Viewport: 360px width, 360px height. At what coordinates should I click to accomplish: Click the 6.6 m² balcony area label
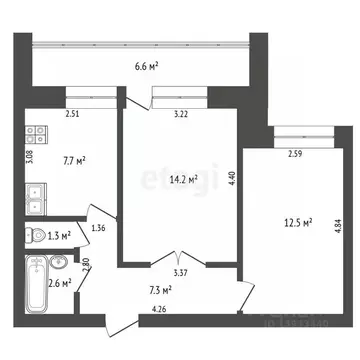click(x=147, y=66)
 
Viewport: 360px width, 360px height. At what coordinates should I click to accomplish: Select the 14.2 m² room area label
click(x=182, y=180)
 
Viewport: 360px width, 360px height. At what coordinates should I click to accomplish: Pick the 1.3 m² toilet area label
click(x=61, y=236)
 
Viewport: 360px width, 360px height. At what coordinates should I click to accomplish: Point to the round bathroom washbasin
click(x=59, y=262)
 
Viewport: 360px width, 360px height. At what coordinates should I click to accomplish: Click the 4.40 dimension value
click(x=233, y=180)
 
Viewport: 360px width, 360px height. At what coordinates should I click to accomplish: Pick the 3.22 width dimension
click(x=181, y=116)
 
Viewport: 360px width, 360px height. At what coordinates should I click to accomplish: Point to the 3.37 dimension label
click(x=181, y=271)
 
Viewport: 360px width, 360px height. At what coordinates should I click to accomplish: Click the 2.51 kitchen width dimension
click(x=72, y=116)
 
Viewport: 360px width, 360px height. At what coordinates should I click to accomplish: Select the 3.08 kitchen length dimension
click(x=30, y=157)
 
